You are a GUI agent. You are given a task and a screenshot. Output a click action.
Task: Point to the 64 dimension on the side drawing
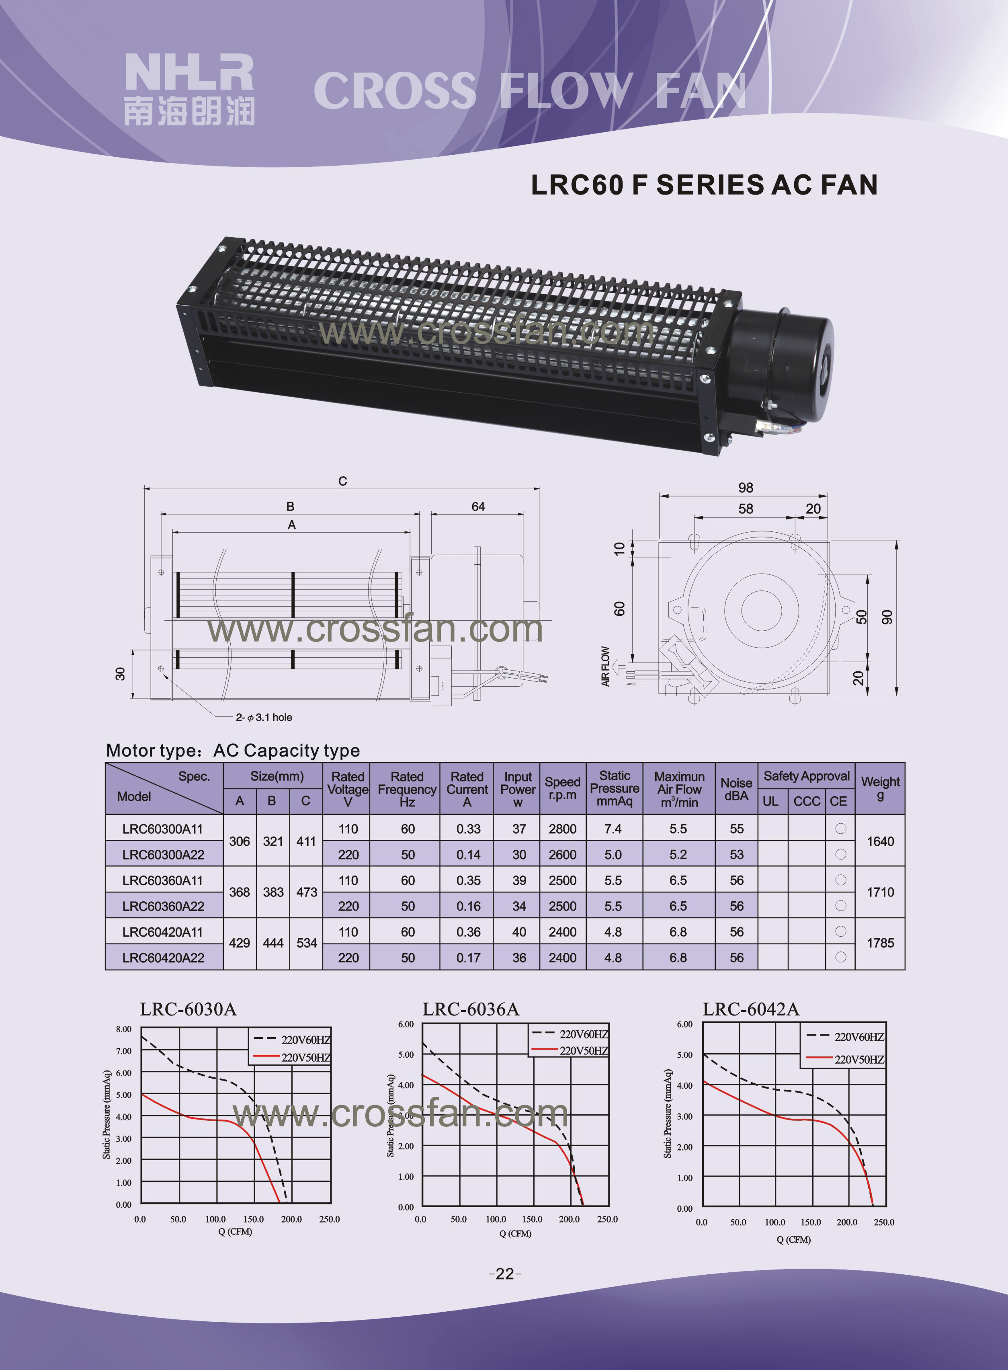coord(478,507)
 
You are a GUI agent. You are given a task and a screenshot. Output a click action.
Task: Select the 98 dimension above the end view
coord(745,488)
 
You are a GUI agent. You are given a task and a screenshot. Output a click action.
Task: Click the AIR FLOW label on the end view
coord(605,667)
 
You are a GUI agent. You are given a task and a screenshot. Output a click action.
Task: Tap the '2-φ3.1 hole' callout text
coord(264,717)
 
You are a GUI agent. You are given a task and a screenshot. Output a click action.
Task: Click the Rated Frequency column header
coord(407,789)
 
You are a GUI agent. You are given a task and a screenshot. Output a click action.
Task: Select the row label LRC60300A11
coord(162,829)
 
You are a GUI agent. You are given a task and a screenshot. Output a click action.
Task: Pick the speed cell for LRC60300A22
coord(562,854)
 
